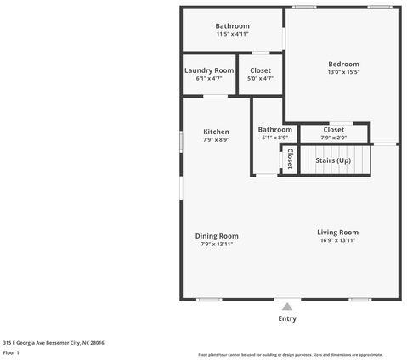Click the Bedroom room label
(x=343, y=64)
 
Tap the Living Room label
(x=337, y=233)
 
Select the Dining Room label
(x=217, y=236)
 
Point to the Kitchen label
(x=216, y=132)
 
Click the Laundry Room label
(x=209, y=70)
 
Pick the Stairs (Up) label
(x=332, y=160)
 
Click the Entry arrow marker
(x=287, y=307)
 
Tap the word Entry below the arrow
(x=287, y=319)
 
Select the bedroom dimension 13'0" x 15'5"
(x=343, y=73)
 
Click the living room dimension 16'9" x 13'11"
(x=337, y=241)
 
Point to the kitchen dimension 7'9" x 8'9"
(x=216, y=140)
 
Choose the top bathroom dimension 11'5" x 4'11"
(x=232, y=35)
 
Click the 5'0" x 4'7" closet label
(x=260, y=79)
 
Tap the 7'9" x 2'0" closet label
(x=333, y=138)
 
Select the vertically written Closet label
(x=289, y=159)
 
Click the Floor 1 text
(x=11, y=352)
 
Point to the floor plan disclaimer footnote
(x=290, y=355)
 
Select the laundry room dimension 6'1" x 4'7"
(x=209, y=79)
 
